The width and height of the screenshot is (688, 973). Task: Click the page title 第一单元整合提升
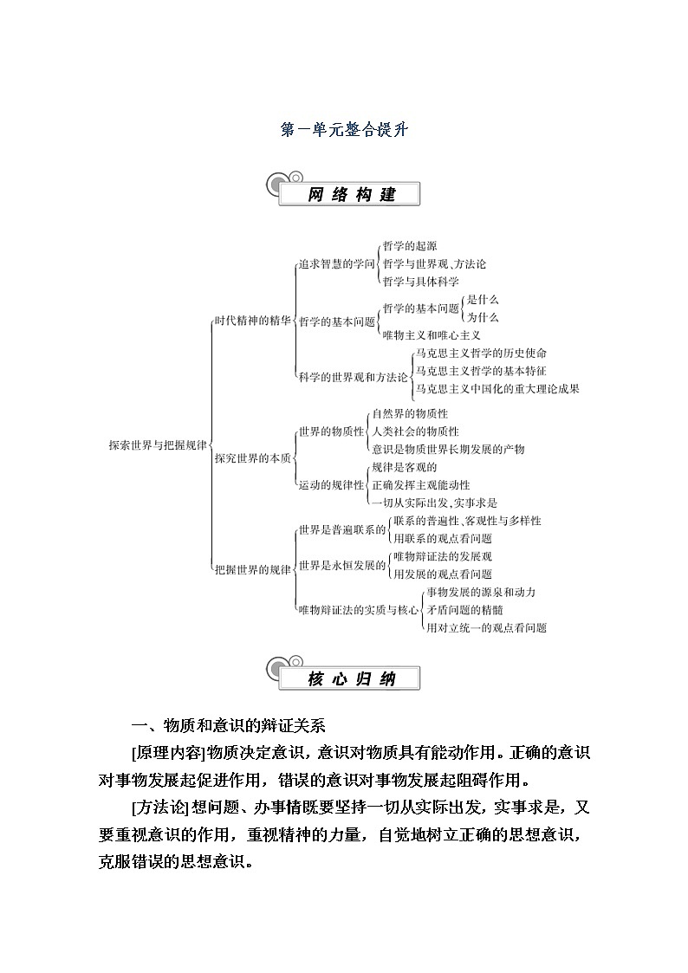point(344,130)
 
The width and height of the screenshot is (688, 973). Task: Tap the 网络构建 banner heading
point(351,194)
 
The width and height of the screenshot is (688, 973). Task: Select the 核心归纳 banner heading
point(351,678)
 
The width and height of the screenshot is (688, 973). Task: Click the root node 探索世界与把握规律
point(158,444)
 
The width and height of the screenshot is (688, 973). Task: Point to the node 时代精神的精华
point(252,321)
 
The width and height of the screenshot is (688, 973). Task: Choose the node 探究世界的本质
point(252,457)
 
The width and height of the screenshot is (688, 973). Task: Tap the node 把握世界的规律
point(252,569)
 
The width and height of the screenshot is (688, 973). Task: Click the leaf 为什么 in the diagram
point(483,317)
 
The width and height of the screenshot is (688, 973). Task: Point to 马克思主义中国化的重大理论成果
point(497,389)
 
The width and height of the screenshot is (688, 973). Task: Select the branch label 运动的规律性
point(331,485)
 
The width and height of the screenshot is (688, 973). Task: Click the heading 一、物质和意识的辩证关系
point(227,725)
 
